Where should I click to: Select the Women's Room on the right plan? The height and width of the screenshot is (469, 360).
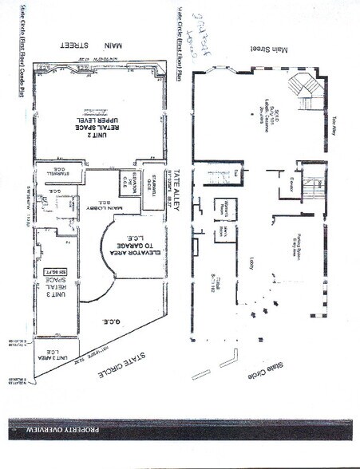227,203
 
